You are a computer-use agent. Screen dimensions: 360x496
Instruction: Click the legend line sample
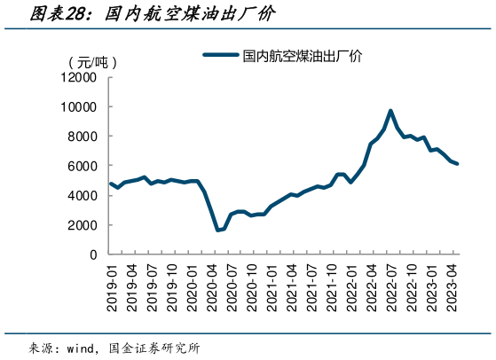pyautogui.click(x=221, y=55)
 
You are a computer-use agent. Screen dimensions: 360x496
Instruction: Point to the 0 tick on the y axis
pyautogui.click(x=92, y=254)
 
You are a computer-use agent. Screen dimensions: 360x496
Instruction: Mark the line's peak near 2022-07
pyautogui.click(x=391, y=111)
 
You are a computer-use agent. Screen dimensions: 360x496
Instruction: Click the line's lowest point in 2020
pyautogui.click(x=217, y=231)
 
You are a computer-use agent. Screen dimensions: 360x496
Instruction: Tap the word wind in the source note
pyautogui.click(x=83, y=348)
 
